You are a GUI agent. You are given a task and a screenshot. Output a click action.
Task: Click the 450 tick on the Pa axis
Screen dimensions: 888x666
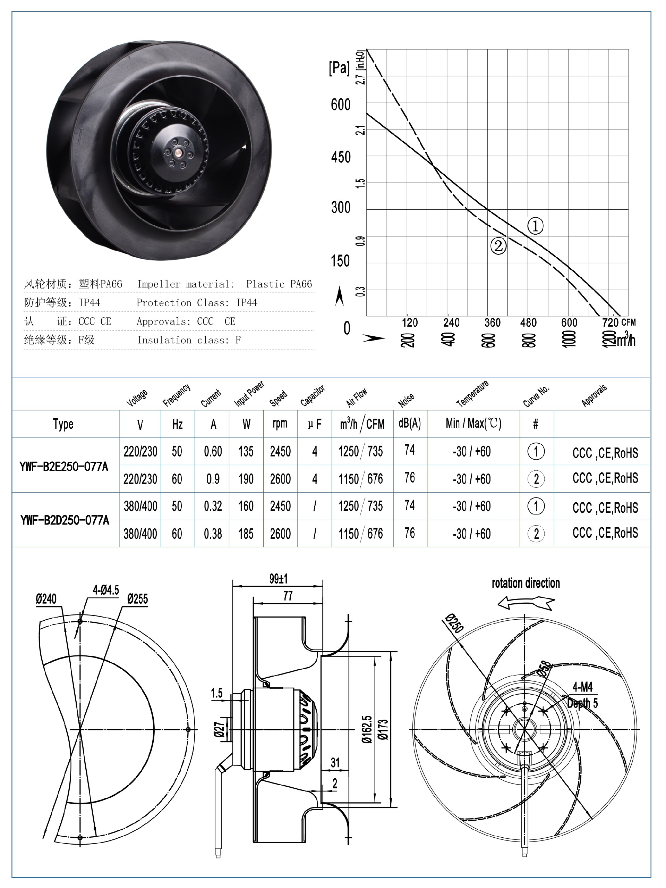click(x=341, y=157)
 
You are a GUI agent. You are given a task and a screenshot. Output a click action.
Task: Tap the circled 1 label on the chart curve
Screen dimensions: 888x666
click(x=535, y=226)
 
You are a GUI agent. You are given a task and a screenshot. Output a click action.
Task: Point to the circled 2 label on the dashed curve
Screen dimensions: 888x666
click(x=498, y=245)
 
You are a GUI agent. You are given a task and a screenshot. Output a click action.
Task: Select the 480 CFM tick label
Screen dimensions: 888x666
click(x=528, y=323)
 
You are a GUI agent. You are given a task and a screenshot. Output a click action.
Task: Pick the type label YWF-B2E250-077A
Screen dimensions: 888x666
click(x=64, y=467)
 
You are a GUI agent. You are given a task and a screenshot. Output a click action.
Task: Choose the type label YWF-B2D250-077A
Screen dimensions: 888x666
click(x=65, y=521)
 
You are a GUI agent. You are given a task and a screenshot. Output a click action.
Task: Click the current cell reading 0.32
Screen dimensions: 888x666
click(x=213, y=506)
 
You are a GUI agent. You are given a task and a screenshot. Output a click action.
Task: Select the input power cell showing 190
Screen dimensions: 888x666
click(x=246, y=479)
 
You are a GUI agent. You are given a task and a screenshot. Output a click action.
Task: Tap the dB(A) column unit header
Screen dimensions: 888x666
click(x=409, y=424)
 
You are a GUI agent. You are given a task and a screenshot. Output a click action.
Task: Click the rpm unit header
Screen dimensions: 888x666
click(x=280, y=424)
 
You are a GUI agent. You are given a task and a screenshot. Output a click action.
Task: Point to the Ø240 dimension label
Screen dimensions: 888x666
click(x=46, y=600)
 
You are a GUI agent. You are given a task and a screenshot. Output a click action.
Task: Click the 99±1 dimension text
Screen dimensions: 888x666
click(x=278, y=579)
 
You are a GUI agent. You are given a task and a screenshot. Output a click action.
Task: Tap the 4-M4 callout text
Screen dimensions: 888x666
click(x=582, y=687)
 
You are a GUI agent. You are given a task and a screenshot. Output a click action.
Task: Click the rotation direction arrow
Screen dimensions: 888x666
click(x=526, y=603)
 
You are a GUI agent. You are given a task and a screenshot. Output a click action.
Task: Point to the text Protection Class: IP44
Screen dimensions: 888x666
click(x=197, y=303)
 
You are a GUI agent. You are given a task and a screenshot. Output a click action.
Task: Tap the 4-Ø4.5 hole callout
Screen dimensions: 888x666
click(x=106, y=590)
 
